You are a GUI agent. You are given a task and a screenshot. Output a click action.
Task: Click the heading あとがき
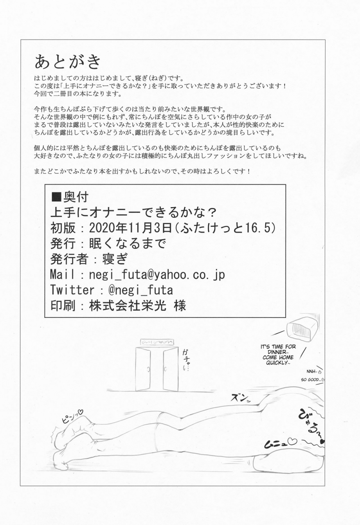[68, 62]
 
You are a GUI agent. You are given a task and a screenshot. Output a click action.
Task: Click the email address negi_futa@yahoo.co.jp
[157, 274]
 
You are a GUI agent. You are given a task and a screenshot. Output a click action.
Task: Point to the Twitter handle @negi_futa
[140, 290]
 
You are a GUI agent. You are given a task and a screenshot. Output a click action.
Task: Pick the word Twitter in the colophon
[72, 290]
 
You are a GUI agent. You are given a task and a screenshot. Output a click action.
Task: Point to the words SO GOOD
[311, 379]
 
